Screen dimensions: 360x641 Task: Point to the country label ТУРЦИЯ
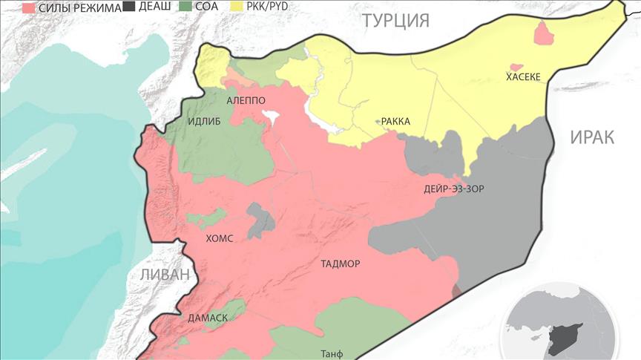pyautogui.click(x=395, y=20)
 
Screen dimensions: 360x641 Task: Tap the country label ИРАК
pyautogui.click(x=593, y=137)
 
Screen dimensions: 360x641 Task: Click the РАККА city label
pyautogui.click(x=396, y=122)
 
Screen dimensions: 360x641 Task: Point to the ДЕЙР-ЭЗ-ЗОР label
pyautogui.click(x=454, y=189)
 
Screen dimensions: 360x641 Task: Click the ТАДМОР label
pyautogui.click(x=341, y=264)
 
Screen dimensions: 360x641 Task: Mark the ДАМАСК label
pyautogui.click(x=208, y=317)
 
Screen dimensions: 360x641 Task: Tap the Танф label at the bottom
pyautogui.click(x=332, y=353)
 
